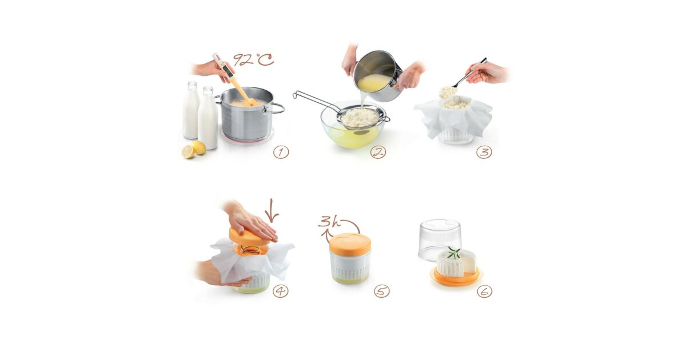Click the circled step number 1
point(281,152)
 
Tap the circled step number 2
point(378,152)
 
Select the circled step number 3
point(484,152)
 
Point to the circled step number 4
point(281,291)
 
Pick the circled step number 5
point(382,291)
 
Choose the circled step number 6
point(484,291)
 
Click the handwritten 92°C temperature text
point(253,59)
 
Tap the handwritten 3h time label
point(329,222)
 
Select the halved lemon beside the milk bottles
point(188,151)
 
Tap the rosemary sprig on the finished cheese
point(454,253)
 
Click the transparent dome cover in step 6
point(440,239)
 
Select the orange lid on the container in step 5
point(350,243)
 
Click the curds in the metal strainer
point(360,117)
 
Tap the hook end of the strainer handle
point(295,95)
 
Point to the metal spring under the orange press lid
point(250,250)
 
